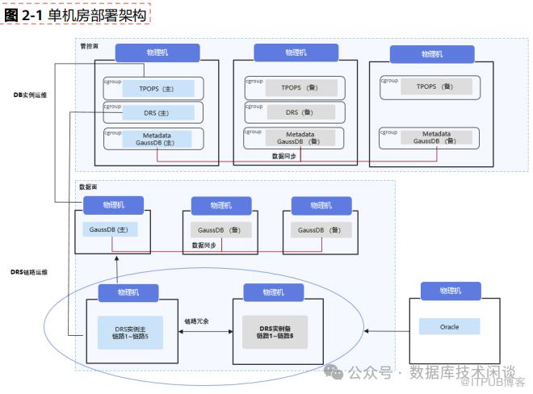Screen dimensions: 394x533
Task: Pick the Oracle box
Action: [x=448, y=327]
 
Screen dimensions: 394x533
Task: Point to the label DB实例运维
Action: [x=30, y=95]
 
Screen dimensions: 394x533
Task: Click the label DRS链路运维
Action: [x=29, y=273]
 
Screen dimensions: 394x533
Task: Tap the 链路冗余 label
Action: [x=196, y=321]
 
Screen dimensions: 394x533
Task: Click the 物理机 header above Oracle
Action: [x=450, y=291]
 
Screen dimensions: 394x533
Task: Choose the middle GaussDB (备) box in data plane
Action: [x=220, y=230]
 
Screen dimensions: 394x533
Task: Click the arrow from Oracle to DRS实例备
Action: [x=388, y=330]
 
